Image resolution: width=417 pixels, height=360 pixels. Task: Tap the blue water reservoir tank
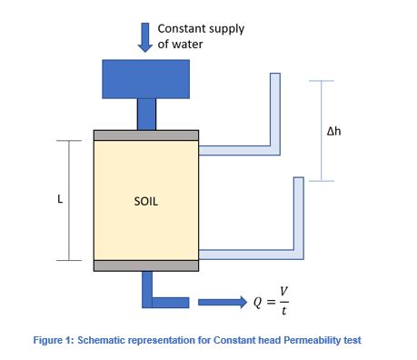[146, 78]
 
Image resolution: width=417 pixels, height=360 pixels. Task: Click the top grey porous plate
[146, 135]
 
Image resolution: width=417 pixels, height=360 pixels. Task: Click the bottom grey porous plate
[146, 265]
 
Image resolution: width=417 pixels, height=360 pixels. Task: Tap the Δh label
[334, 132]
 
